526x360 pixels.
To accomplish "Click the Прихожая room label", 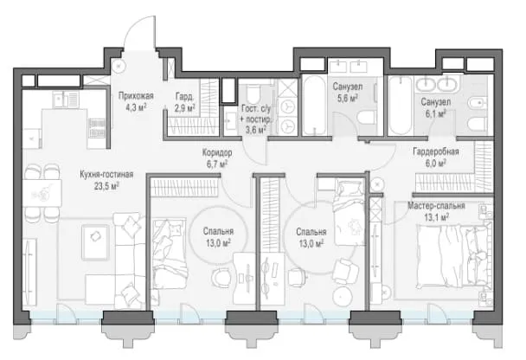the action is pyautogui.click(x=136, y=96).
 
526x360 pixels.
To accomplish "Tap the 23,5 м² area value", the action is pyautogui.click(x=106, y=186).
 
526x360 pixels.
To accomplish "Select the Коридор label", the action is pyautogui.click(x=217, y=152).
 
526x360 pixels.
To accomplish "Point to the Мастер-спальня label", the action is pyautogui.click(x=436, y=206).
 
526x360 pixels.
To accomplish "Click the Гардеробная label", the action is pyautogui.click(x=436, y=151).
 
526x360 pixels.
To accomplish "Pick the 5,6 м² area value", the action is pyautogui.click(x=348, y=99).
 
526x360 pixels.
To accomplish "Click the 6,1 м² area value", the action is pyautogui.click(x=436, y=113).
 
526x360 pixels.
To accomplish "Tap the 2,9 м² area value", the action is pyautogui.click(x=184, y=108).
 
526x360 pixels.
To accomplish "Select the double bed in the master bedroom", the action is pyautogui.click(x=454, y=254).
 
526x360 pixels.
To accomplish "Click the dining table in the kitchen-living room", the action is pyautogui.click(x=42, y=193).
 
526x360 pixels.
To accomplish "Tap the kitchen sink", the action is pyautogui.click(x=66, y=100).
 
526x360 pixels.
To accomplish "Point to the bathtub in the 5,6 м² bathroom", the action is pyautogui.click(x=314, y=106).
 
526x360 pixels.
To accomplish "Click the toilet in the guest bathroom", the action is pyautogui.click(x=253, y=93).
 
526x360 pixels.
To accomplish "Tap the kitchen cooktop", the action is pyautogui.click(x=97, y=128).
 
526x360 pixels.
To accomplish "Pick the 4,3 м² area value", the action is pyautogui.click(x=136, y=107).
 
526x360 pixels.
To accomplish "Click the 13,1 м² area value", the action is pyautogui.click(x=436, y=217).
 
